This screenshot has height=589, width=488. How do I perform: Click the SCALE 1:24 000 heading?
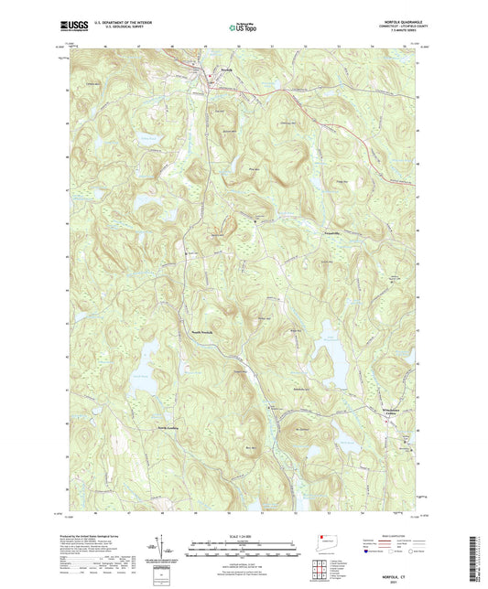(x=243, y=537)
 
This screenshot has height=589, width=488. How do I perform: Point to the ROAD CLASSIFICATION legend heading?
(x=394, y=537)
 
